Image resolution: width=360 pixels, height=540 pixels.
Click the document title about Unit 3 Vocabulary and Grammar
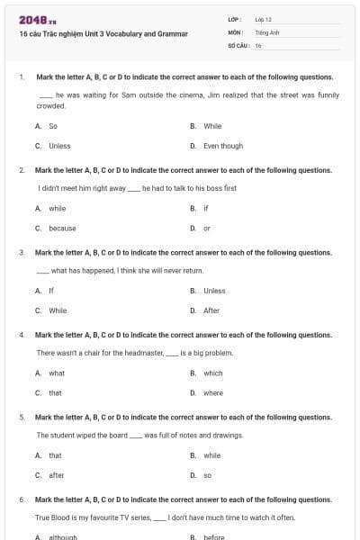click(103, 34)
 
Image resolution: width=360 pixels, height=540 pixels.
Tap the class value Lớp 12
click(263, 19)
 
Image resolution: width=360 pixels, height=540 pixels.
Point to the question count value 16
click(258, 44)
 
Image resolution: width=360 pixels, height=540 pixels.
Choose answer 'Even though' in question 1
click(222, 146)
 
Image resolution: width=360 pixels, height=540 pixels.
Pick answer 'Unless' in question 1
click(59, 146)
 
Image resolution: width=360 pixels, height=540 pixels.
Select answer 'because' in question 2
click(62, 228)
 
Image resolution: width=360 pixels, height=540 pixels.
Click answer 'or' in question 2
click(207, 228)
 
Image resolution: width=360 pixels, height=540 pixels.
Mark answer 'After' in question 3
click(211, 310)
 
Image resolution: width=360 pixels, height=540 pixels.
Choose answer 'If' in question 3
click(51, 291)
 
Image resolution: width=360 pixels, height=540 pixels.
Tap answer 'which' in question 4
click(212, 373)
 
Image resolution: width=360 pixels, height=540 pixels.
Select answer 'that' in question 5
click(55, 455)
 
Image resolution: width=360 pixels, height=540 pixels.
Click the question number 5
click(21, 418)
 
